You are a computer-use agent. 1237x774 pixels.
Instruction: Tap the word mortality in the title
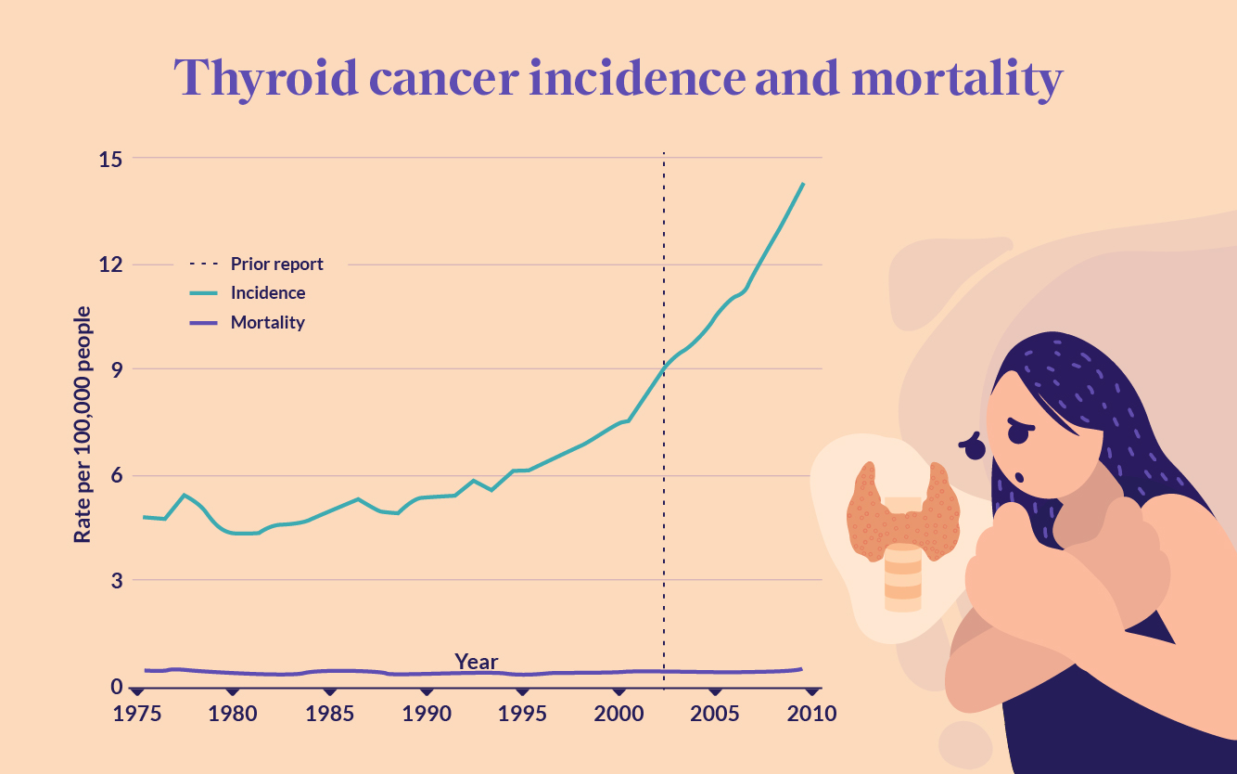[x=956, y=79]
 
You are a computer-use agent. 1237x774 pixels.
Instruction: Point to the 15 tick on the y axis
[x=110, y=159]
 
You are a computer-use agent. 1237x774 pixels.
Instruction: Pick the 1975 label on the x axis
[x=136, y=714]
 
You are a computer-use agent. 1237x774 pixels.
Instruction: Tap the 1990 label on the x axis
[x=426, y=714]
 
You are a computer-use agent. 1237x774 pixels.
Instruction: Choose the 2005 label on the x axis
[x=714, y=714]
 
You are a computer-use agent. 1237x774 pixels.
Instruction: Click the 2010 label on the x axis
[x=811, y=714]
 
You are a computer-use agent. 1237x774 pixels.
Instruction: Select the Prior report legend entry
[x=276, y=264]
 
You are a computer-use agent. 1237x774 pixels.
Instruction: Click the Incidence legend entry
[x=267, y=292]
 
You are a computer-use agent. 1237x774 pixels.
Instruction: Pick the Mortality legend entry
[x=267, y=323]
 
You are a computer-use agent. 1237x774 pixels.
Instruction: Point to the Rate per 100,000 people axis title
[x=83, y=424]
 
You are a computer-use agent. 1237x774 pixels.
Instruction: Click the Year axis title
[x=476, y=662]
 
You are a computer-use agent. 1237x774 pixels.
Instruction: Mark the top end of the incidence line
[x=803, y=184]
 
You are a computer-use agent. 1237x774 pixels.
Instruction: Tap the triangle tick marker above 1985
[x=329, y=691]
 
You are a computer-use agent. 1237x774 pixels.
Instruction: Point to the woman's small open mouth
[x=1018, y=477]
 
